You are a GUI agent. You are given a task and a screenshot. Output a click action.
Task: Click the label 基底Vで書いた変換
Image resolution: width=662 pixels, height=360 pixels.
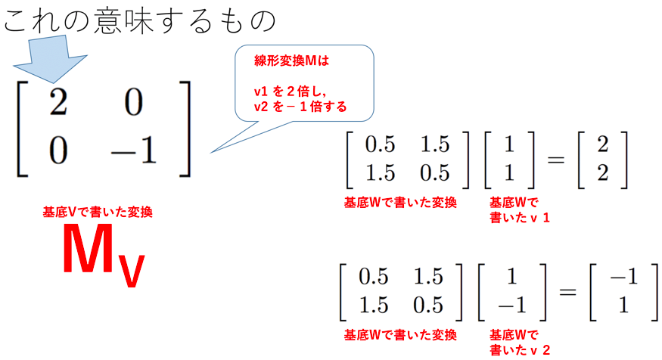pos(98,213)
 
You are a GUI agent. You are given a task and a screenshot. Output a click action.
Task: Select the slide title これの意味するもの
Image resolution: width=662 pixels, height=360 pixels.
pos(140,21)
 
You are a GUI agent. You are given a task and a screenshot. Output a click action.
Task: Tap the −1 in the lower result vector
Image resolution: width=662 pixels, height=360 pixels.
pos(622,278)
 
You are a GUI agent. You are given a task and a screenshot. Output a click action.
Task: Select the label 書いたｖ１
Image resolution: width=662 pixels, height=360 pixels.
pos(521,217)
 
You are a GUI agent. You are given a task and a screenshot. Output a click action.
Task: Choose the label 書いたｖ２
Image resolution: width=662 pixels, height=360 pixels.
pos(521,349)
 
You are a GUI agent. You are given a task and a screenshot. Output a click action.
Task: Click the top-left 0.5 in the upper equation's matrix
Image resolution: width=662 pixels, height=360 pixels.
pos(381,144)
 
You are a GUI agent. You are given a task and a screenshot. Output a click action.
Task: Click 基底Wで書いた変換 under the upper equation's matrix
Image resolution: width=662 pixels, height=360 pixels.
pos(400,203)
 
